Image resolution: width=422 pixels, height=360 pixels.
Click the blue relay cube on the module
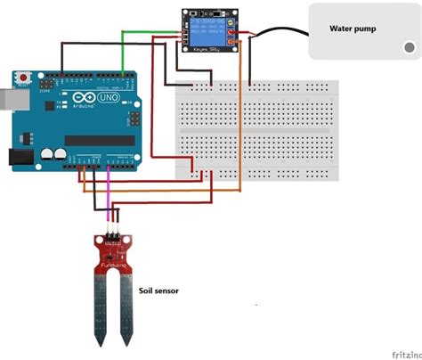click(x=207, y=32)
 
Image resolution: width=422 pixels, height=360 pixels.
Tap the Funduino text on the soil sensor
click(x=111, y=266)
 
